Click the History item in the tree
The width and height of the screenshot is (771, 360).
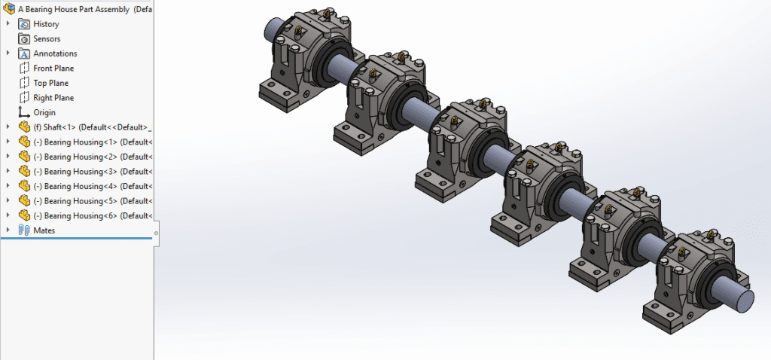tap(46, 24)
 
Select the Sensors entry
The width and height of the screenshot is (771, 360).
tap(47, 38)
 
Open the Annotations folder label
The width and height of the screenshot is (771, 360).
tap(55, 53)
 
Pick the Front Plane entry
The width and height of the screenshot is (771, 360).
tap(53, 69)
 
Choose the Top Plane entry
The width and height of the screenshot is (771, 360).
tap(50, 83)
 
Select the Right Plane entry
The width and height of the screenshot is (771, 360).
tap(53, 98)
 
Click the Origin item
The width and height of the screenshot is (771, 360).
tap(44, 112)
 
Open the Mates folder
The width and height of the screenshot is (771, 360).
tap(44, 230)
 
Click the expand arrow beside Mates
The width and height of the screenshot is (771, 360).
tap(8, 230)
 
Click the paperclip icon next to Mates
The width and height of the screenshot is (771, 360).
tap(24, 230)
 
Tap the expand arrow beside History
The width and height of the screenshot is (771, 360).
tap(8, 24)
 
